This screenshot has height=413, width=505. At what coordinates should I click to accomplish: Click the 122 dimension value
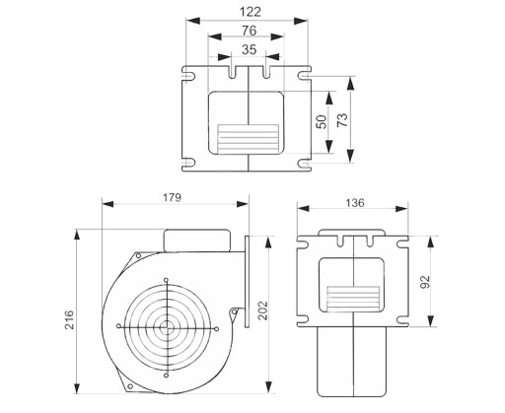pyautogui.click(x=251, y=12)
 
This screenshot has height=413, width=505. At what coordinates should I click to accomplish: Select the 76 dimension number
pyautogui.click(x=249, y=31)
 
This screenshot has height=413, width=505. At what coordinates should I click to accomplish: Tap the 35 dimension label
pyautogui.click(x=249, y=49)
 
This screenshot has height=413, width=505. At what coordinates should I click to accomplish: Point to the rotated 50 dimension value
pyautogui.click(x=322, y=122)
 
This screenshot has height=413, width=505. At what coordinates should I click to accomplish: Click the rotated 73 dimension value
pyautogui.click(x=342, y=120)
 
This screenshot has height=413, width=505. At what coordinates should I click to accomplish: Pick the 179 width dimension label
pyautogui.click(x=172, y=197)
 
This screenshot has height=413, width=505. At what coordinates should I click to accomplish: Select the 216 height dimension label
pyautogui.click(x=69, y=319)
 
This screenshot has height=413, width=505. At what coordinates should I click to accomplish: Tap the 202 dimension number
pyautogui.click(x=262, y=310)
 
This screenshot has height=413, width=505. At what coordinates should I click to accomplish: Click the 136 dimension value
pyautogui.click(x=355, y=203)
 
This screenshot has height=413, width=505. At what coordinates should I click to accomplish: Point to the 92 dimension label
pyautogui.click(x=425, y=282)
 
